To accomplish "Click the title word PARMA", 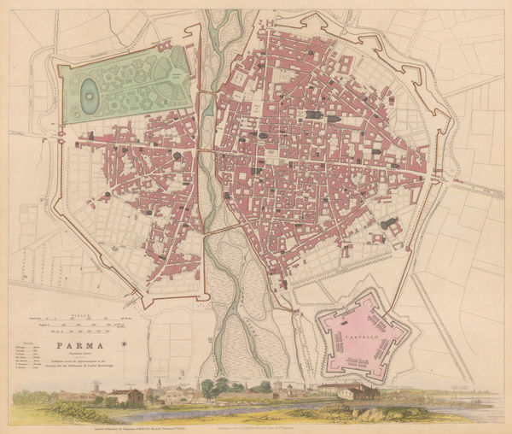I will click(78, 347).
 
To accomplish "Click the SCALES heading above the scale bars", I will click(79, 314).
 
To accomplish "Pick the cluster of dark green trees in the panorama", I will click(212, 390).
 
